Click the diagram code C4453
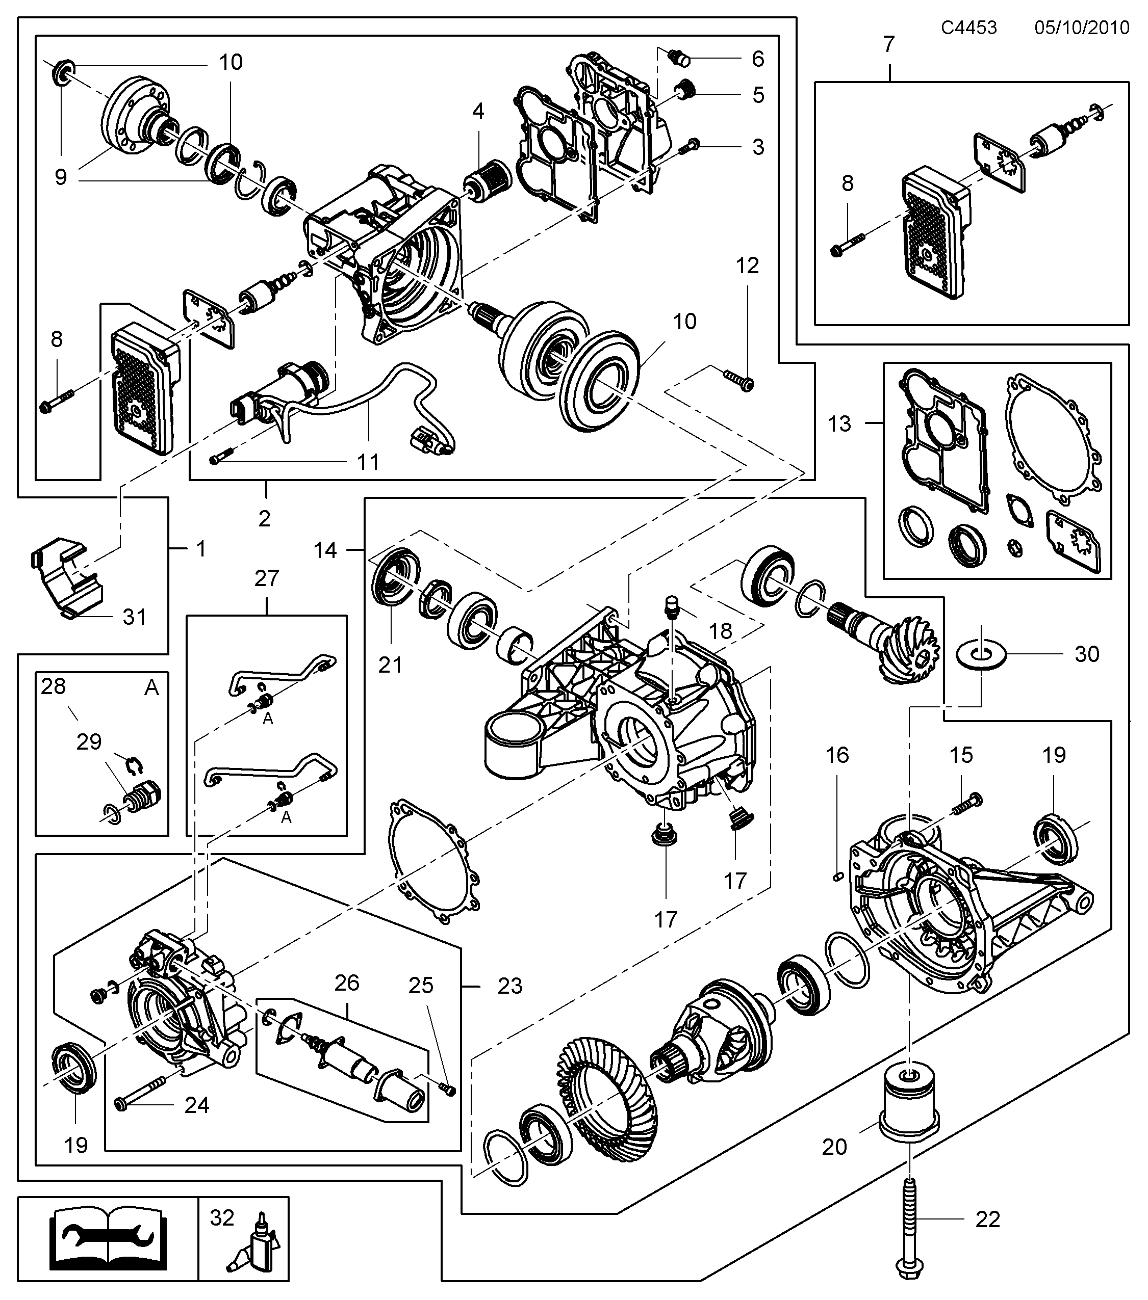click(968, 28)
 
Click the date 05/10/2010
click(1082, 28)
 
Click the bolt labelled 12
click(739, 380)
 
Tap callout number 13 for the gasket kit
click(839, 423)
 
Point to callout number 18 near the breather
click(720, 631)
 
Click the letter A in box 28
click(151, 687)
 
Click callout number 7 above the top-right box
click(889, 44)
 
